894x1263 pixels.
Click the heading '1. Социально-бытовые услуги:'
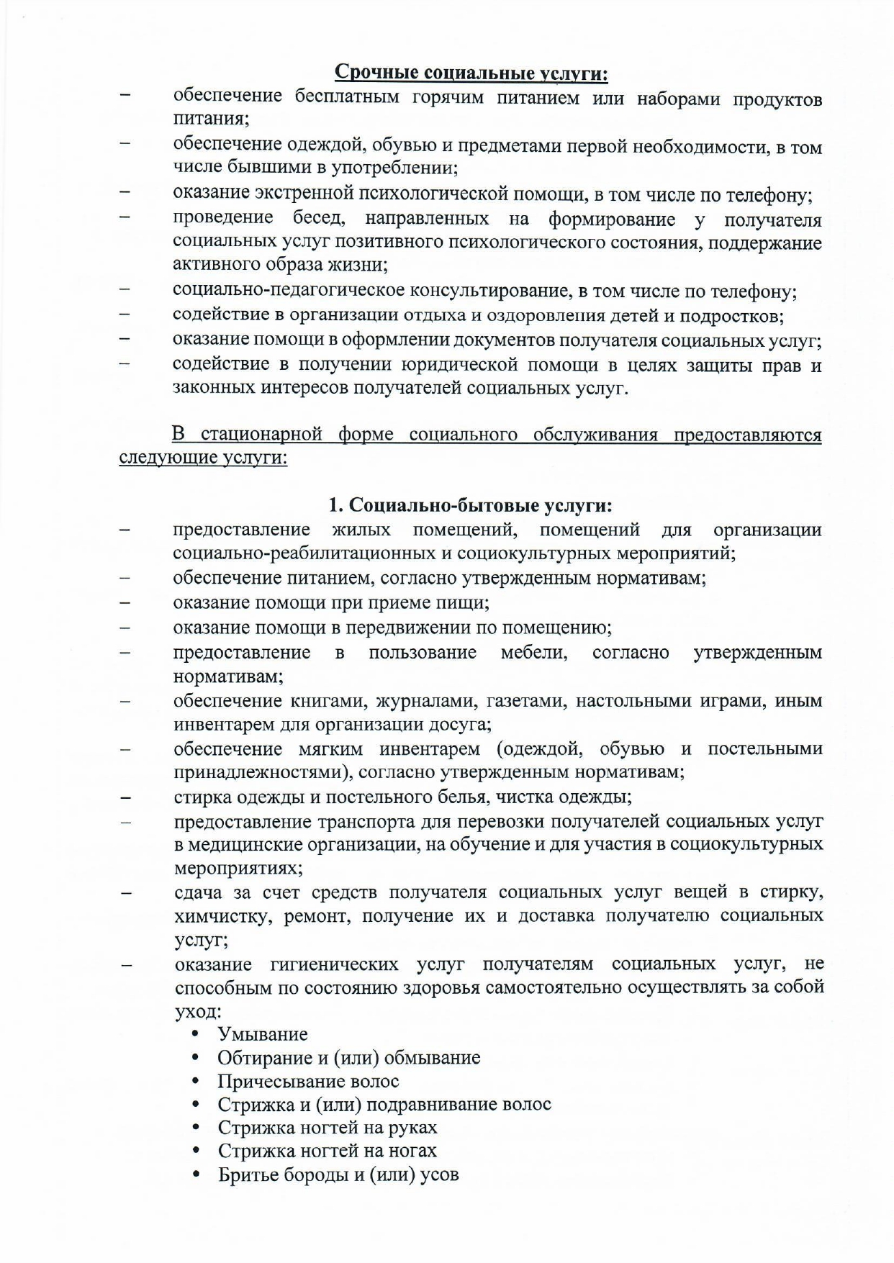471,505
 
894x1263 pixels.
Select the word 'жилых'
361,530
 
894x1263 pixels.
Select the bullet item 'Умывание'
263,1034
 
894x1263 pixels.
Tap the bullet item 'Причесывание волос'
308,1081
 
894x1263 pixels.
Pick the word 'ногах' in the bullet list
413,1151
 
